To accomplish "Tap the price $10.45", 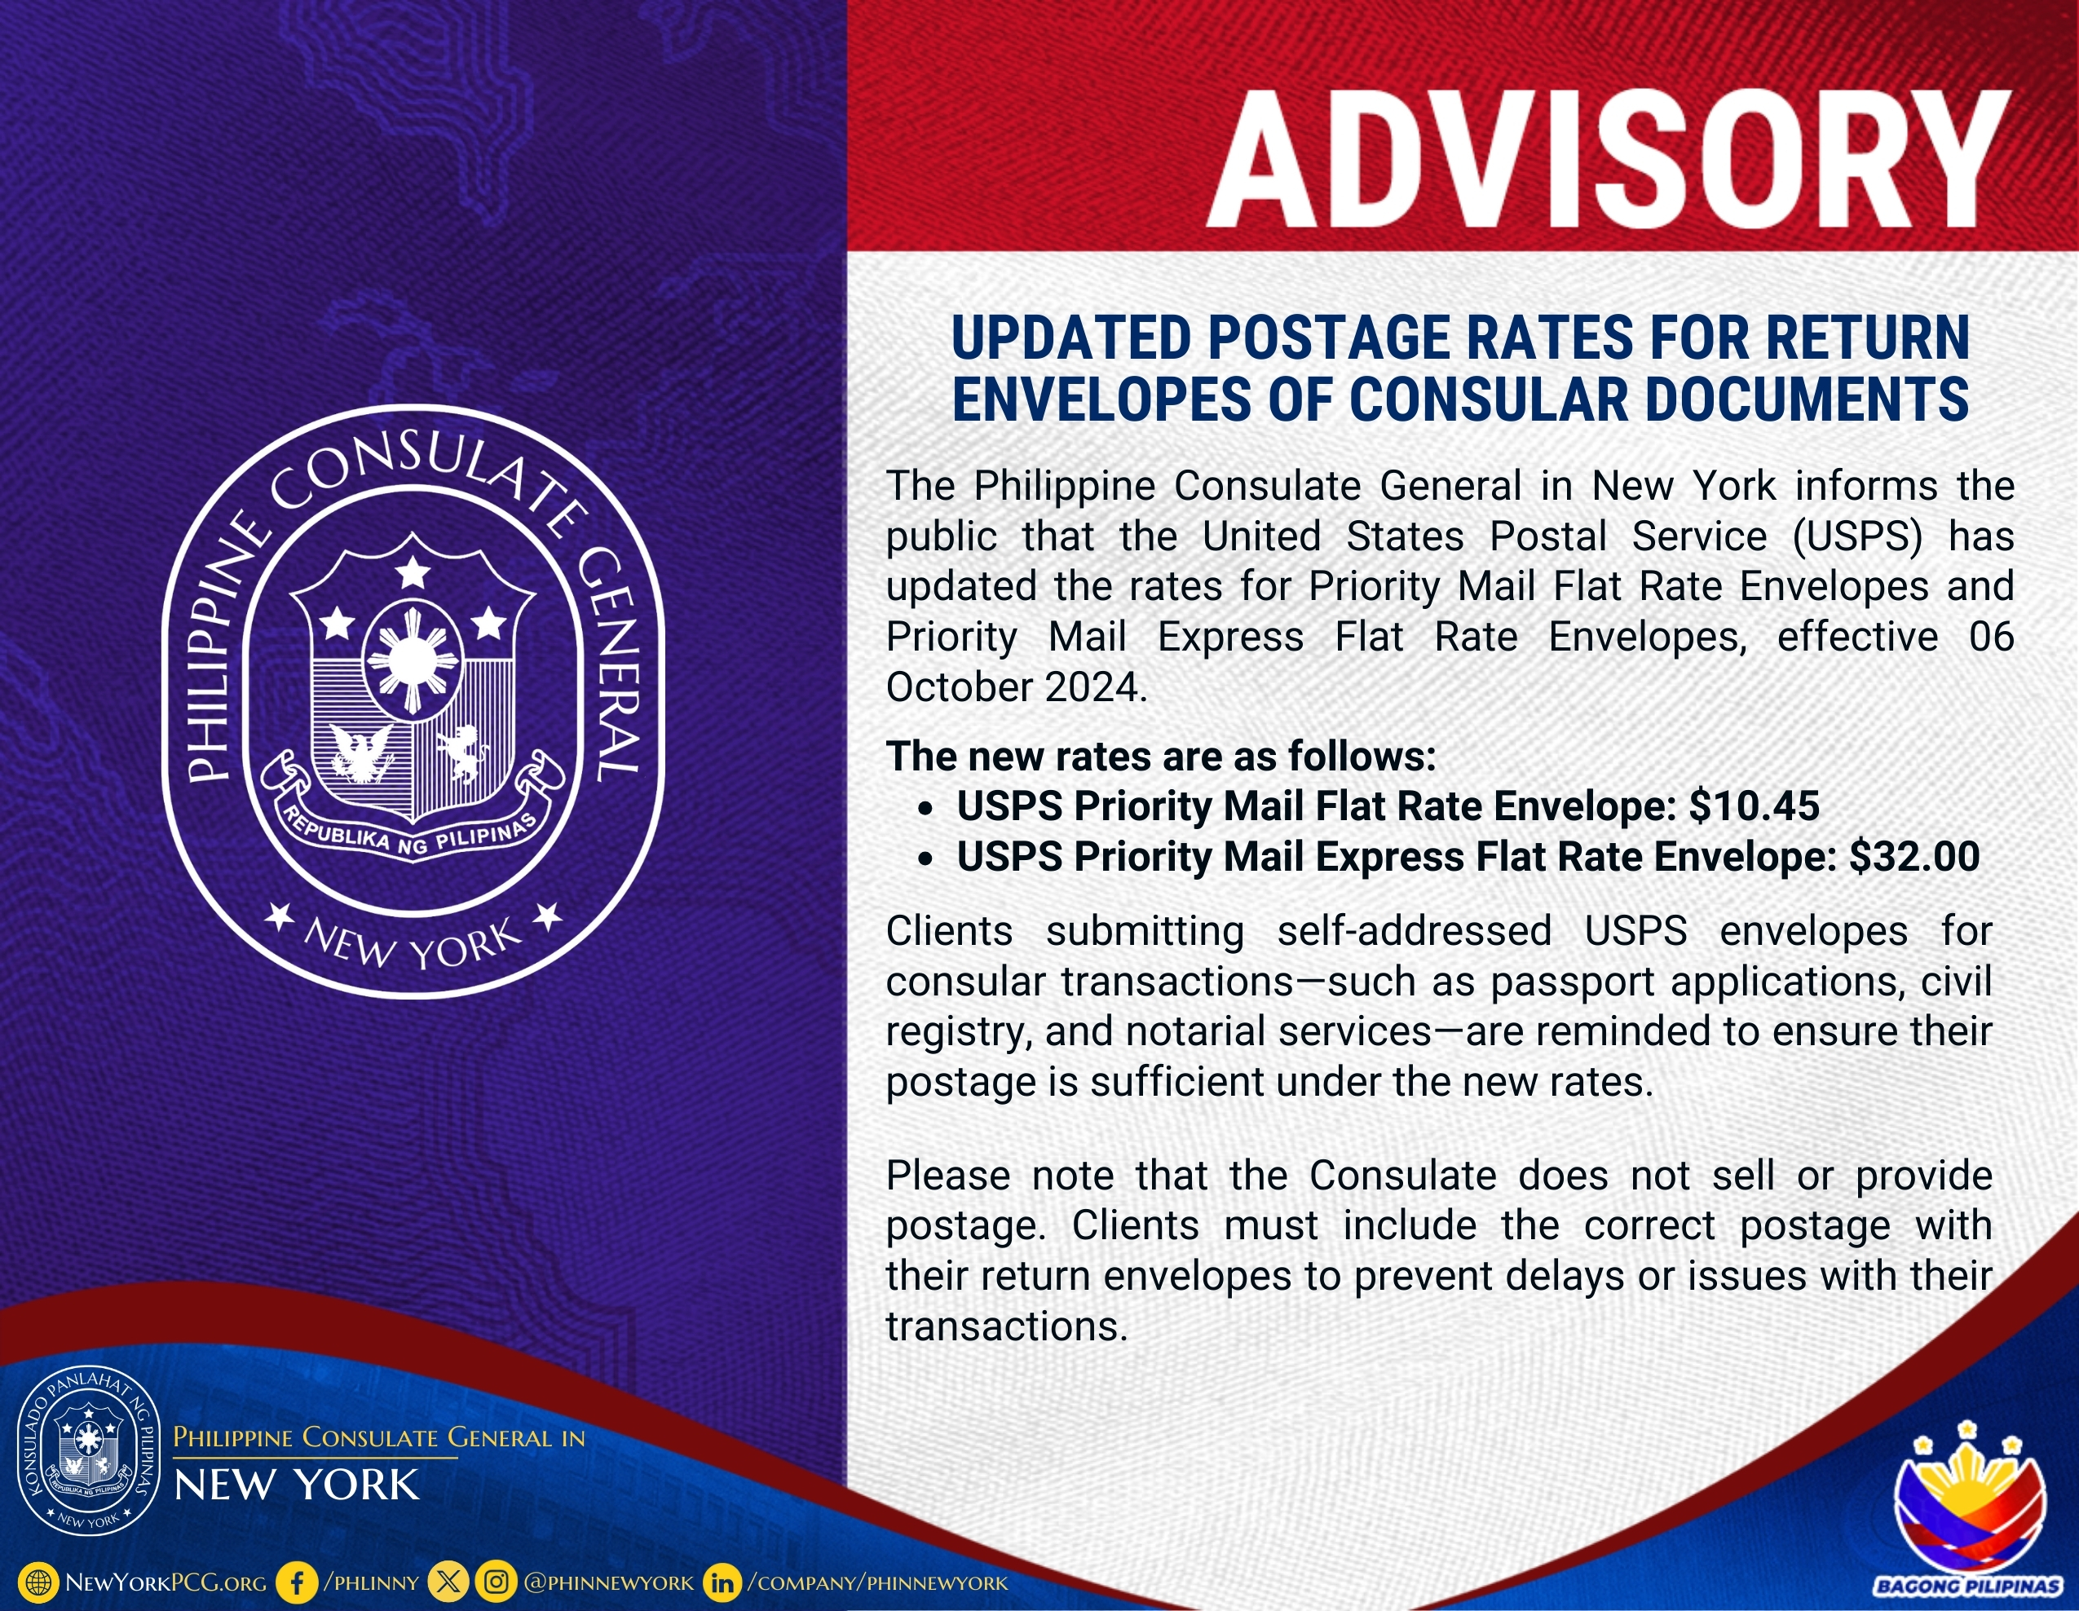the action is (1755, 806).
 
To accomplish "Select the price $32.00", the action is (1914, 857).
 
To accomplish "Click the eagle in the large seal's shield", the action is (361, 755).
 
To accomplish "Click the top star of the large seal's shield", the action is (413, 573).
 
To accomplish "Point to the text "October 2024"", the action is (1015, 687).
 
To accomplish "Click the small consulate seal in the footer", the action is (90, 1452).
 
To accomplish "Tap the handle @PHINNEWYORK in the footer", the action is (609, 1583).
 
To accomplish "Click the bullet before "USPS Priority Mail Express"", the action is (925, 858).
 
